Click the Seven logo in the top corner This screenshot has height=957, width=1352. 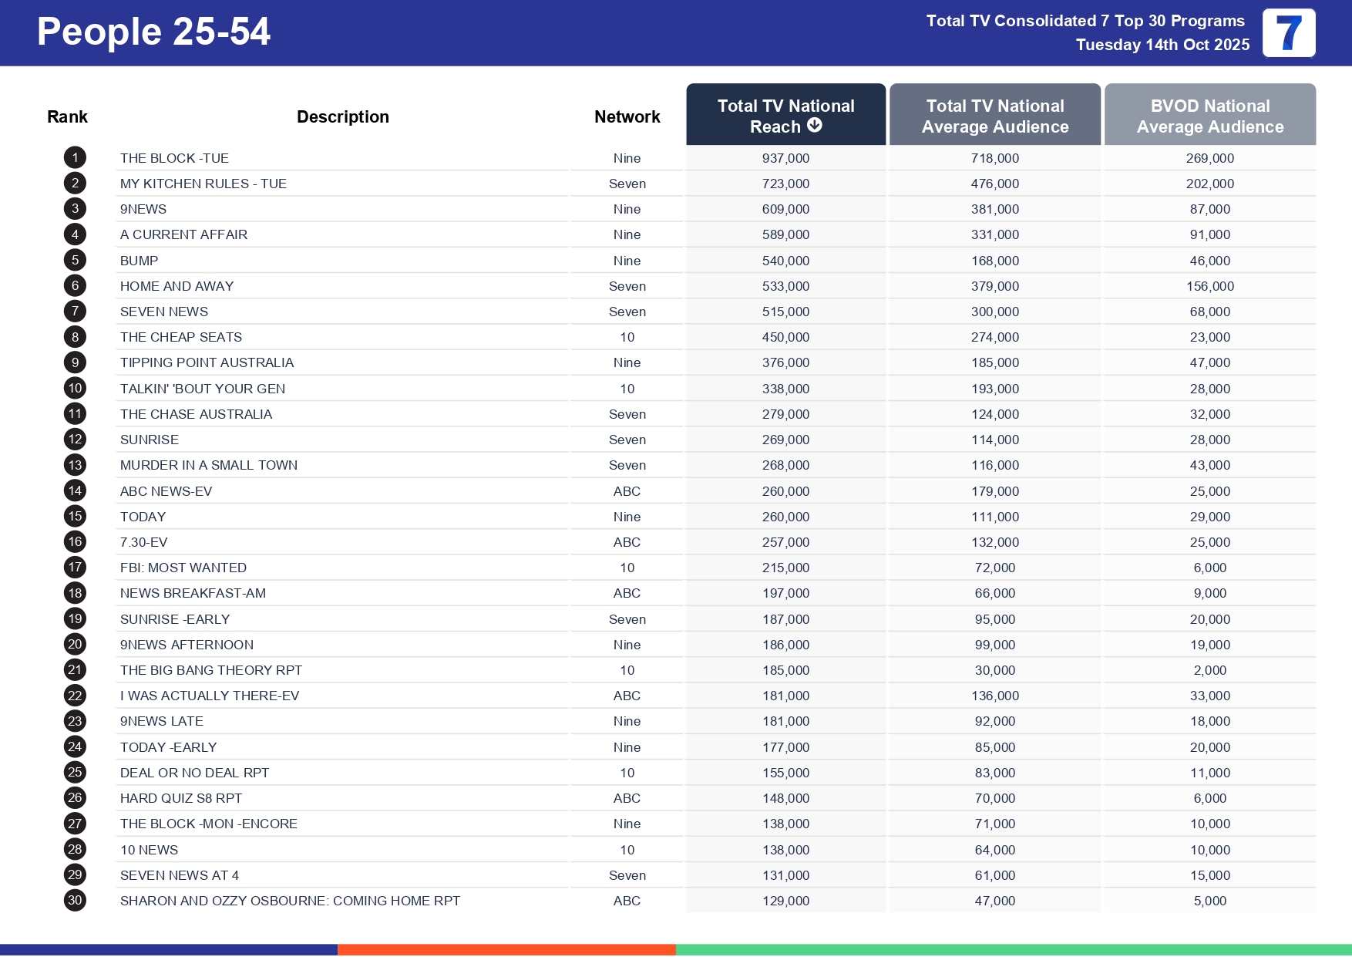[1288, 33]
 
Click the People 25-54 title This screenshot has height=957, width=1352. [153, 32]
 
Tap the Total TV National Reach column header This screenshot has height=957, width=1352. [785, 115]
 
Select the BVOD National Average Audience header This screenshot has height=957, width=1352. [1209, 116]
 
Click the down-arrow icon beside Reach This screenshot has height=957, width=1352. [815, 126]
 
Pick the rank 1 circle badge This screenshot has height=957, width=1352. [75, 158]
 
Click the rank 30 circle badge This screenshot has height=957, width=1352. [75, 900]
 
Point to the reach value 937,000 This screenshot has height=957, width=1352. [785, 158]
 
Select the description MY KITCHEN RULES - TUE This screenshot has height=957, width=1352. [203, 184]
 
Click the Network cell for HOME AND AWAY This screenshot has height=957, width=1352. [627, 286]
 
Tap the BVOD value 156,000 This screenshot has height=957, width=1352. [1209, 286]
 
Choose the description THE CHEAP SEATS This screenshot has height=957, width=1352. [181, 337]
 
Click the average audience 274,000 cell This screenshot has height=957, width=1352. [994, 337]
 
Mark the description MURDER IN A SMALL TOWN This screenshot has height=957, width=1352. [209, 465]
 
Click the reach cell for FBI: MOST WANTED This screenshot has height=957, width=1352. [785, 568]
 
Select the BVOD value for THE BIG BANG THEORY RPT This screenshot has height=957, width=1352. [1209, 670]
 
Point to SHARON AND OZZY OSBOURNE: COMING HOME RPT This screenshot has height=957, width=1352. [290, 901]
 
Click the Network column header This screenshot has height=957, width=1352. [627, 116]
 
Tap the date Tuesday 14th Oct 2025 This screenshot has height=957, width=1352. [1162, 45]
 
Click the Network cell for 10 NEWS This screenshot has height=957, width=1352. [627, 850]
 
